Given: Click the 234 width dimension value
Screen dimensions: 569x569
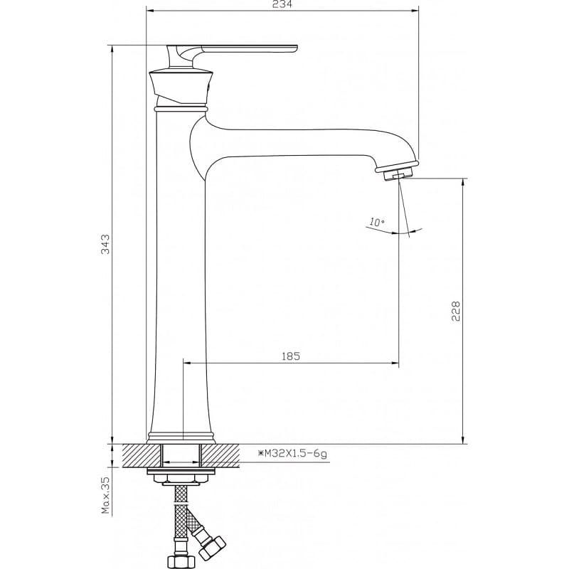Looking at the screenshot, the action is click(282, 4).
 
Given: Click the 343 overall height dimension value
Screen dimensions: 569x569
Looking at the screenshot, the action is click(105, 244).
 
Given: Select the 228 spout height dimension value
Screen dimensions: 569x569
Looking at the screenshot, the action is click(455, 311).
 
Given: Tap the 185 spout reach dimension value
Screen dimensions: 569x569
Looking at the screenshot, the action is click(291, 356).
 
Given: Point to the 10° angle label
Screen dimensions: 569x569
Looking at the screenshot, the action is click(378, 222).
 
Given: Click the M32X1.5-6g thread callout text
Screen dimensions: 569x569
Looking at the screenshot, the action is click(292, 453).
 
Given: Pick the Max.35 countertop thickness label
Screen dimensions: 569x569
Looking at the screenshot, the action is click(105, 495).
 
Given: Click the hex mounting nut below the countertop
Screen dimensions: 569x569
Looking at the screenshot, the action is click(181, 478).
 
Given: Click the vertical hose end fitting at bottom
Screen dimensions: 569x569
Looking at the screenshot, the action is click(181, 555).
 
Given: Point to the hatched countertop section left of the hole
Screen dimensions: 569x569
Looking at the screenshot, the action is click(142, 455).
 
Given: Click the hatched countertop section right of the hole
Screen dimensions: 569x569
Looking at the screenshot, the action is click(220, 455).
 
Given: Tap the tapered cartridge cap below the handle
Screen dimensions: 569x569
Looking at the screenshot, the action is click(181, 86).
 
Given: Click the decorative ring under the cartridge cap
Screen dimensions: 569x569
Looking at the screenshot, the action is click(181, 108).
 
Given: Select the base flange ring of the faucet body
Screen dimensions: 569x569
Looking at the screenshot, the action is click(181, 438).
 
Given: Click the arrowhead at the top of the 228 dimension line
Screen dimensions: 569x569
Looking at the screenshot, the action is click(463, 183).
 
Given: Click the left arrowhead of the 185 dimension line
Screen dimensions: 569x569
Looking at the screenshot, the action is click(188, 363).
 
